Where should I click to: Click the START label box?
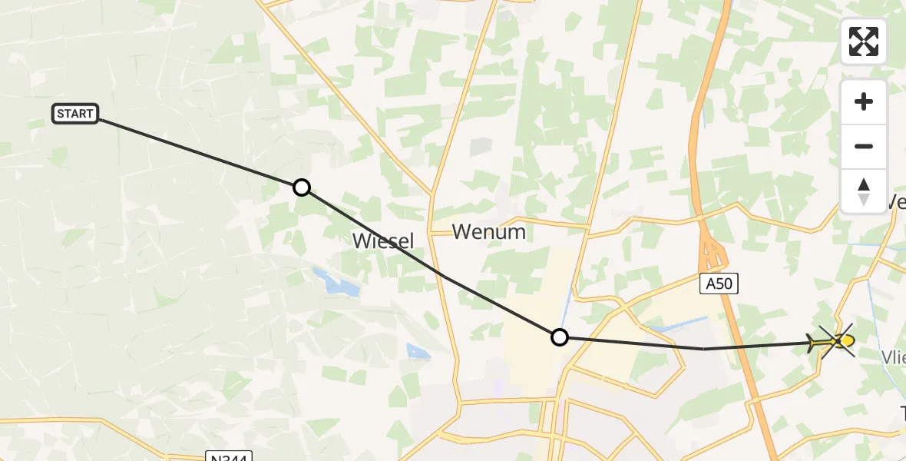coord(75,114)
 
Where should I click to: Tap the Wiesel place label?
coord(382,240)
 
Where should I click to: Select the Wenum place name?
coord(489,231)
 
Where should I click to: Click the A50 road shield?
coord(720,284)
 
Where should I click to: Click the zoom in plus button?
coord(864,101)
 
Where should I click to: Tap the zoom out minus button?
coord(864,146)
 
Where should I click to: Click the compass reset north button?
coord(864,191)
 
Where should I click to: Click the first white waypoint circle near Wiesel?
coord(302,187)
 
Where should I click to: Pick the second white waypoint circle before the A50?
coord(560,337)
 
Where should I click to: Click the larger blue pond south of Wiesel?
coord(336,283)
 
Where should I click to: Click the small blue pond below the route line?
coord(418,352)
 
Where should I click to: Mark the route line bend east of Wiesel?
coord(442,275)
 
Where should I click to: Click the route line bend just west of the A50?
coord(704,349)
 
